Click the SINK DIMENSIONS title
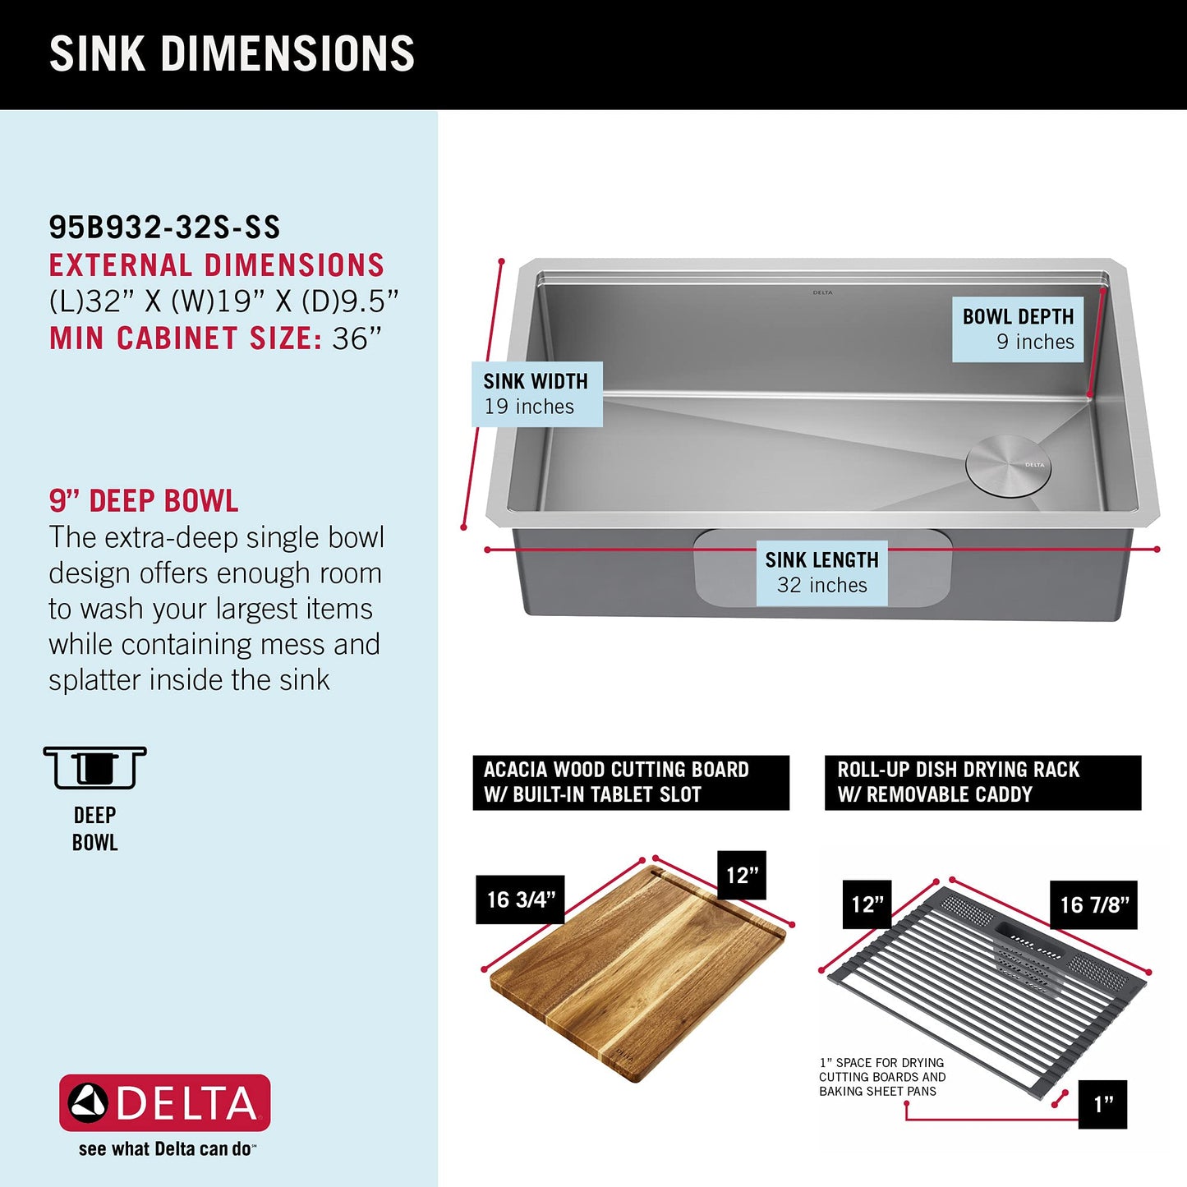(232, 54)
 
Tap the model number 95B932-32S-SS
(164, 228)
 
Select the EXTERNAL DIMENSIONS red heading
(217, 265)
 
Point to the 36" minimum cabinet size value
(357, 338)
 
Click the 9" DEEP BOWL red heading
(144, 501)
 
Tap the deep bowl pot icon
(94, 768)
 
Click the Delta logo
(164, 1102)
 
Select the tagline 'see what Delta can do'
(167, 1149)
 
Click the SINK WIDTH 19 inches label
(536, 394)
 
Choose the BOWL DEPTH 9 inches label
(1018, 329)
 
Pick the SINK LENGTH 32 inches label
(821, 573)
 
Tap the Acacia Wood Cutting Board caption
(630, 782)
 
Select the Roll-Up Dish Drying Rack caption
(982, 782)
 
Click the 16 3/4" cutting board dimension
(520, 899)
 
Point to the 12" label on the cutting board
(741, 876)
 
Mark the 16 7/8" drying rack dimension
(1093, 905)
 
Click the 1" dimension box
(1102, 1105)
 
